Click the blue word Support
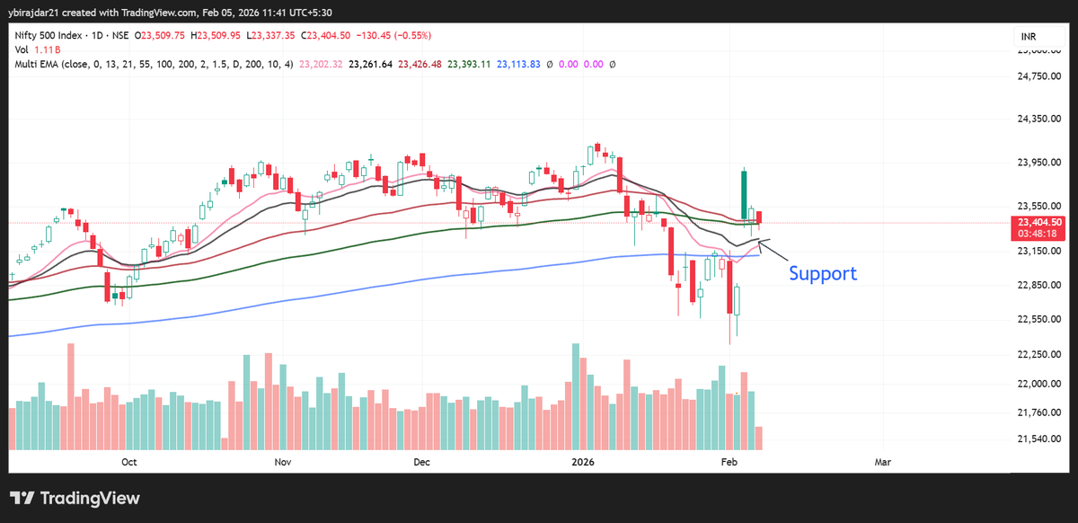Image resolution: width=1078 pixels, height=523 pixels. (822, 273)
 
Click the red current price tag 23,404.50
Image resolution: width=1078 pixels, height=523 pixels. (1039, 222)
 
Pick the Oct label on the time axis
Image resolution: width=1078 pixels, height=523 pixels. (128, 462)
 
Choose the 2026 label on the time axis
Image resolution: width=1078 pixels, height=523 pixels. (584, 462)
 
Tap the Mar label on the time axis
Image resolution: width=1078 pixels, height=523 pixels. (883, 462)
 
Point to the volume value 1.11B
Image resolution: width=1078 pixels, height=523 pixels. (46, 50)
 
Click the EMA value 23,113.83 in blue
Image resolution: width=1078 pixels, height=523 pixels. (519, 65)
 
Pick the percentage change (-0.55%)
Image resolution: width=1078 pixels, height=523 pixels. (409, 36)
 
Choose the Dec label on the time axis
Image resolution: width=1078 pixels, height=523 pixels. (422, 462)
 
